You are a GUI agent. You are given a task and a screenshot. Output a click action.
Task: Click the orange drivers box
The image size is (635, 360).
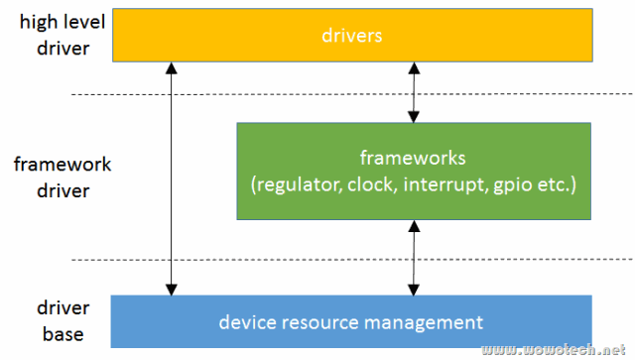point(352,36)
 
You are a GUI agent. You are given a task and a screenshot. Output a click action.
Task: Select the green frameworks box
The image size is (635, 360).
point(414,171)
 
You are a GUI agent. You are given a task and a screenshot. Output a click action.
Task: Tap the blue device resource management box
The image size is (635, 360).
point(352,321)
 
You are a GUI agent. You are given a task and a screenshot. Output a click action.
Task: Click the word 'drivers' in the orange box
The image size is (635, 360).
point(352,36)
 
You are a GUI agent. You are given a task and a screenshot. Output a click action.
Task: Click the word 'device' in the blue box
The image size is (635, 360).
point(247,322)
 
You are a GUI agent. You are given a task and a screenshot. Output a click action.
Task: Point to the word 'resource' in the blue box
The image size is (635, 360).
point(317,322)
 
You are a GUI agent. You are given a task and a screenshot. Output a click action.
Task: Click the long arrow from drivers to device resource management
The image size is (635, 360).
point(173,179)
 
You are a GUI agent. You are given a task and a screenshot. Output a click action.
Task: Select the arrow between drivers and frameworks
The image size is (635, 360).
point(414,91)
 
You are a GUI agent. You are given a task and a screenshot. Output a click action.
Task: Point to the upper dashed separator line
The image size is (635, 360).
point(347,94)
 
